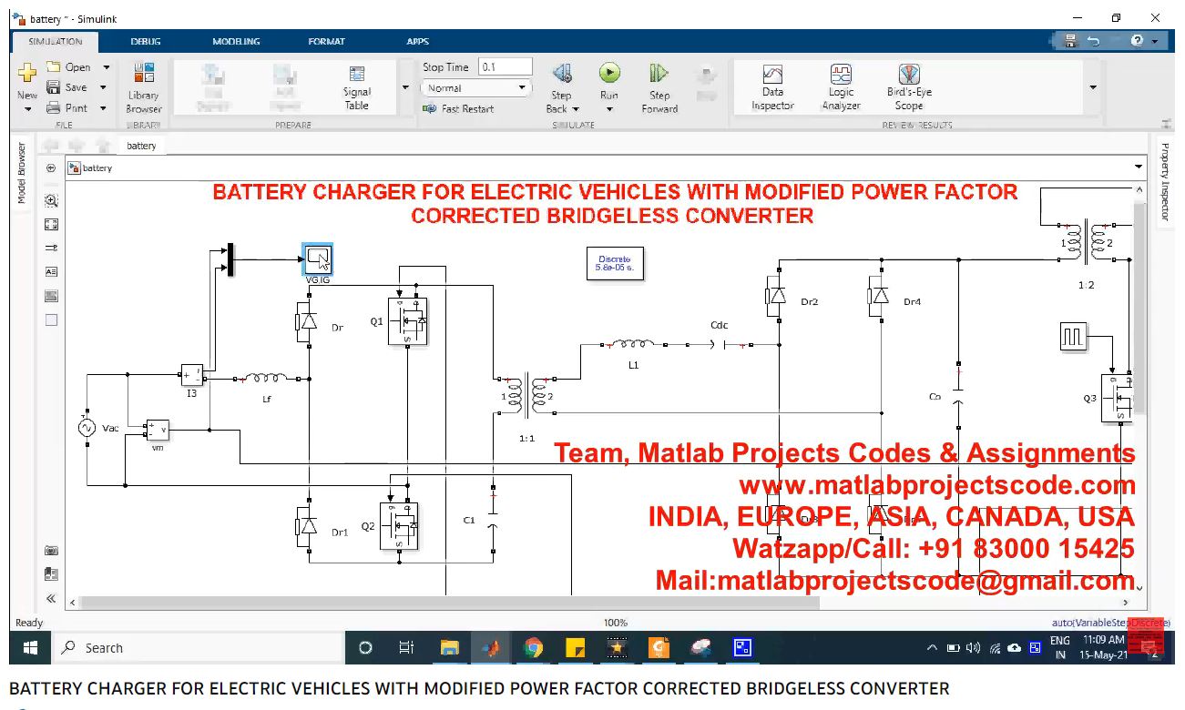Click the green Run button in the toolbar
[609, 74]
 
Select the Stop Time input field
[506, 66]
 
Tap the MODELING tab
[236, 42]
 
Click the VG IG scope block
[318, 259]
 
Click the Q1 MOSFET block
[407, 321]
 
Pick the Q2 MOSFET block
[399, 526]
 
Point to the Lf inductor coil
[266, 378]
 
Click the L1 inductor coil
[633, 345]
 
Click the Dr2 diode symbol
[775, 296]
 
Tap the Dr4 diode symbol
[878, 296]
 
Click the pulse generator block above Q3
[1073, 337]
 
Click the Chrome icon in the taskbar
[534, 648]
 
